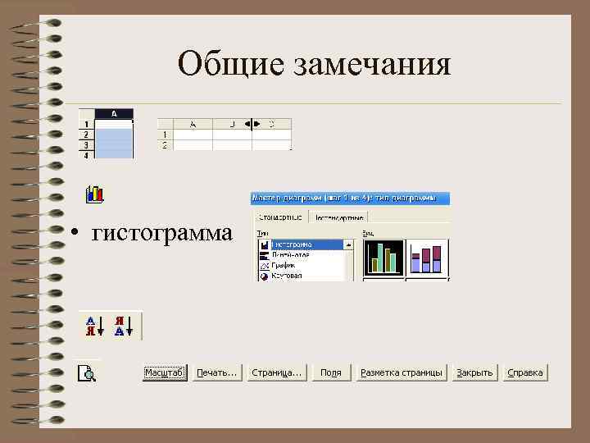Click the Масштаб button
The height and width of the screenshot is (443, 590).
pos(165,372)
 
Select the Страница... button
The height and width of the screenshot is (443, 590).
pos(277,372)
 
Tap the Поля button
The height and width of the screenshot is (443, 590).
pos(331,372)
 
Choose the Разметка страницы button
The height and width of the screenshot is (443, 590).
pos(402,372)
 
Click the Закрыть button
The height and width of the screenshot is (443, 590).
pos(475,372)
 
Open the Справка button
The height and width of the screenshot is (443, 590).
pos(525,372)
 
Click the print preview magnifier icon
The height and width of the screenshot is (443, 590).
pos(87,374)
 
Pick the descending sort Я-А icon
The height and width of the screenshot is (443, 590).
pos(121,326)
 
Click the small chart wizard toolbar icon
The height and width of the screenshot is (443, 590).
pos(95,194)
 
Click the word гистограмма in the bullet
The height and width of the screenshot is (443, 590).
pos(162,233)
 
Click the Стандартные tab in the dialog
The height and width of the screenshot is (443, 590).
pos(279,217)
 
